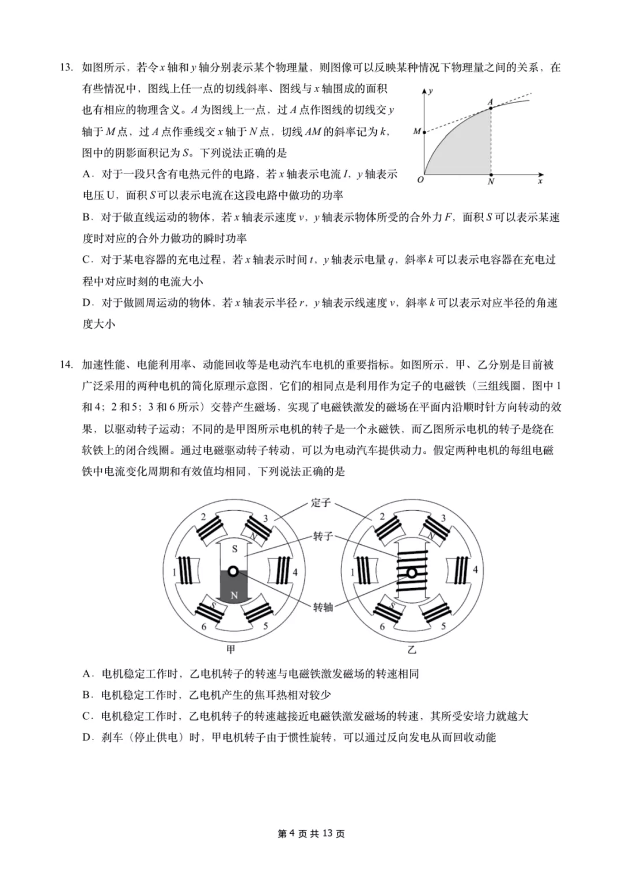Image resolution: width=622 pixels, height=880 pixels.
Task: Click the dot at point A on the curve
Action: [x=491, y=107]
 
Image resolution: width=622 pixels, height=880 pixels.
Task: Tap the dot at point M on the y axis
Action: [x=424, y=132]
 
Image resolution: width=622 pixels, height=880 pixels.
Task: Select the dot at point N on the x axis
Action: [x=491, y=174]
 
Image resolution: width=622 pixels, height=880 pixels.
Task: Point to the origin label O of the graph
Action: [x=420, y=180]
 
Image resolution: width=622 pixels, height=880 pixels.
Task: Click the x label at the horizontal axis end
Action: [x=540, y=181]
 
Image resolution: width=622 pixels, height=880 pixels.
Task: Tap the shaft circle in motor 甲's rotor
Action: [x=233, y=571]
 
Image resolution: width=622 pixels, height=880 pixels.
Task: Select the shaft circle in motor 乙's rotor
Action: [x=411, y=572]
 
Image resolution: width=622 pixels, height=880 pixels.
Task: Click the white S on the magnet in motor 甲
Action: [x=234, y=549]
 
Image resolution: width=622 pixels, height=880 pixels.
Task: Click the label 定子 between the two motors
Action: [x=321, y=503]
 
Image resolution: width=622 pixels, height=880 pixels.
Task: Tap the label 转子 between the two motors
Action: [x=323, y=537]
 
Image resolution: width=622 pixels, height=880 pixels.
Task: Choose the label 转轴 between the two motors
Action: [x=323, y=607]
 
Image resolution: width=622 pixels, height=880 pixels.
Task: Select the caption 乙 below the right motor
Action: [x=411, y=650]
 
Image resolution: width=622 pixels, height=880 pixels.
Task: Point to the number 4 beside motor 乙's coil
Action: [x=475, y=570]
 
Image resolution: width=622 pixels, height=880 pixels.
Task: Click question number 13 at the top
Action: [x=67, y=68]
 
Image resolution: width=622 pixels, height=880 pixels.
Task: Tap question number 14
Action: [x=67, y=365]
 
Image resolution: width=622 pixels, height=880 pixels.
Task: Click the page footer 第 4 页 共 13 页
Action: [x=311, y=833]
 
